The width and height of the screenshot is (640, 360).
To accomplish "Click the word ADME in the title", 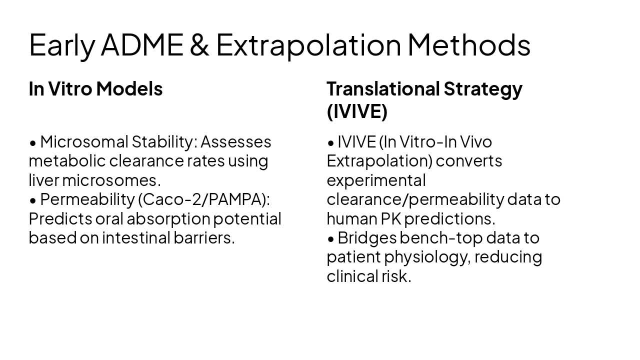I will tap(142, 44).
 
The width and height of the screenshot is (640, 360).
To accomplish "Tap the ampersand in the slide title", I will tap(199, 44).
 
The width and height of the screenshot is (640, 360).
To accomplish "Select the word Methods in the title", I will tap(468, 44).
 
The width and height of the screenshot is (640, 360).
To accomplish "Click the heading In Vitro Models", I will tap(95, 88).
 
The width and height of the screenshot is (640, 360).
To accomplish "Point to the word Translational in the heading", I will tap(382, 88).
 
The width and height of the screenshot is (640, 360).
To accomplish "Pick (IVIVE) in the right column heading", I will tap(357, 111).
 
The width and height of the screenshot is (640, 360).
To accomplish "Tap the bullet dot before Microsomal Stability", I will tap(33, 143).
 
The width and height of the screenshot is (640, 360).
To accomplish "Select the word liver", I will tap(43, 180).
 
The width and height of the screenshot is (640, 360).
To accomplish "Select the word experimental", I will tap(376, 180).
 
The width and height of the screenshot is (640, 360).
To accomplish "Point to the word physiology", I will tap(426, 257).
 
